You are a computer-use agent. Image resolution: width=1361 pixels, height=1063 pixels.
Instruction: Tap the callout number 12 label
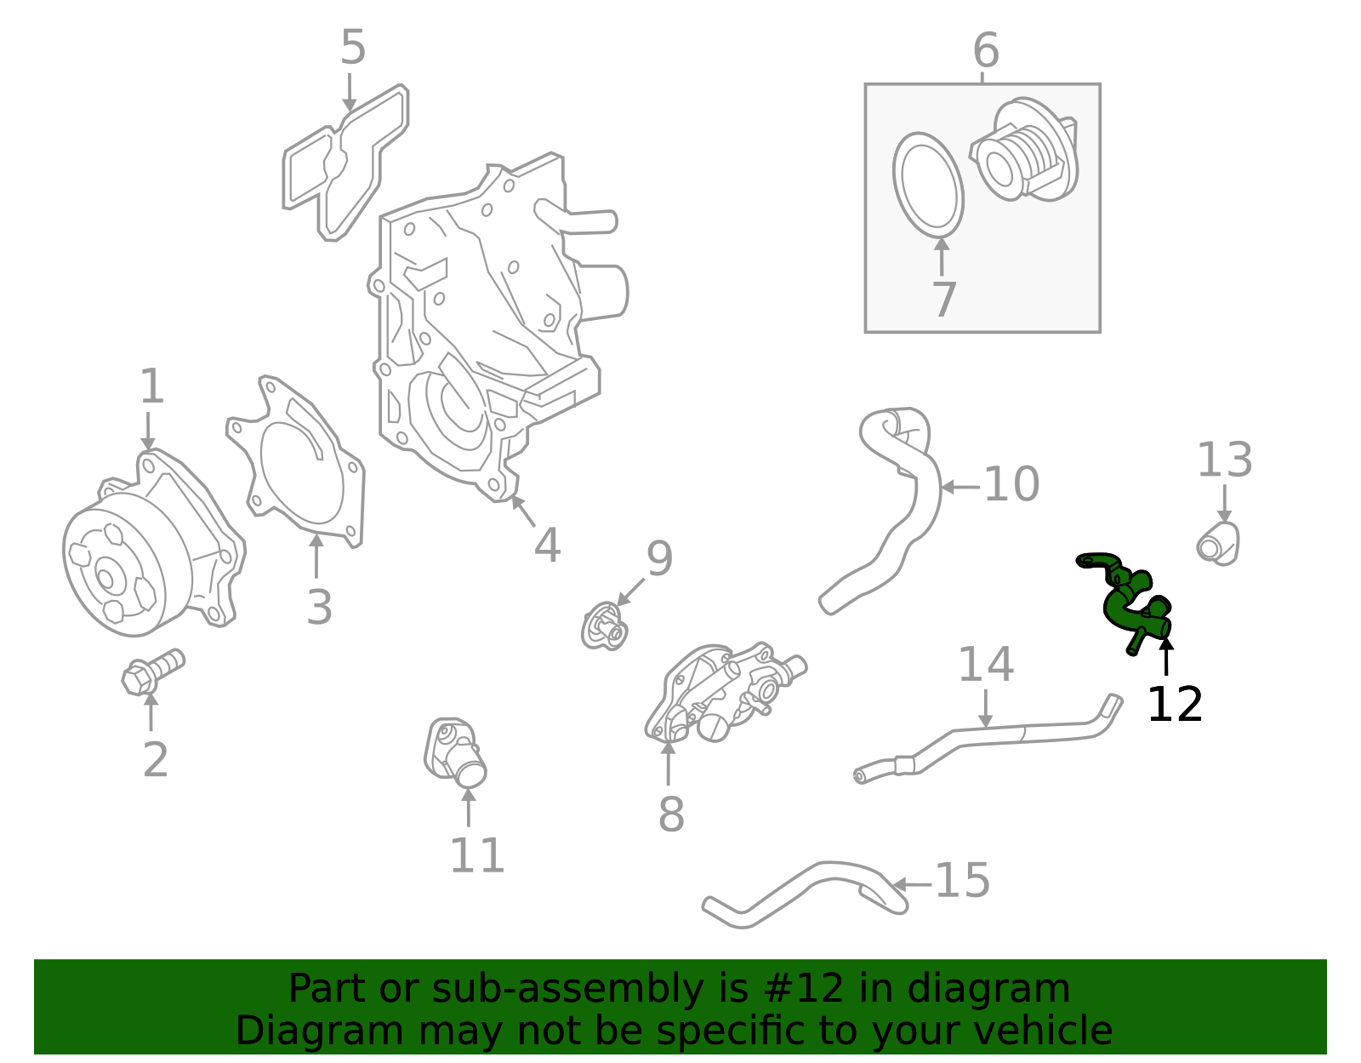point(1175,705)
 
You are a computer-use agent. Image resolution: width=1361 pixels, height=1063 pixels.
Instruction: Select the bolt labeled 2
point(153,671)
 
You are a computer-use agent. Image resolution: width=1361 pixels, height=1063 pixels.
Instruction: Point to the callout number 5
point(353,47)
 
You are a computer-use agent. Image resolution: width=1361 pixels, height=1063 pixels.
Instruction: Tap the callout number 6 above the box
point(986,50)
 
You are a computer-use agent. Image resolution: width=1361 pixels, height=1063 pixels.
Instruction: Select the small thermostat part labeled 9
point(604,626)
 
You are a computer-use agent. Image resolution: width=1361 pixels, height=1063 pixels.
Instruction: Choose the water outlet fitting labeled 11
point(455,752)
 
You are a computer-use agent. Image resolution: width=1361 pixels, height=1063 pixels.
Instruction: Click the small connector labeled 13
point(1218,544)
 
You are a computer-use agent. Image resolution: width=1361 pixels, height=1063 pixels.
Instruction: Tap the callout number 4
point(547,546)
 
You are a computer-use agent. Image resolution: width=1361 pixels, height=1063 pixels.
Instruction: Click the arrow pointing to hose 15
point(912,884)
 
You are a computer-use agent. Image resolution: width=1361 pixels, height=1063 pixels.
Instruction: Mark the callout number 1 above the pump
point(152,386)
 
